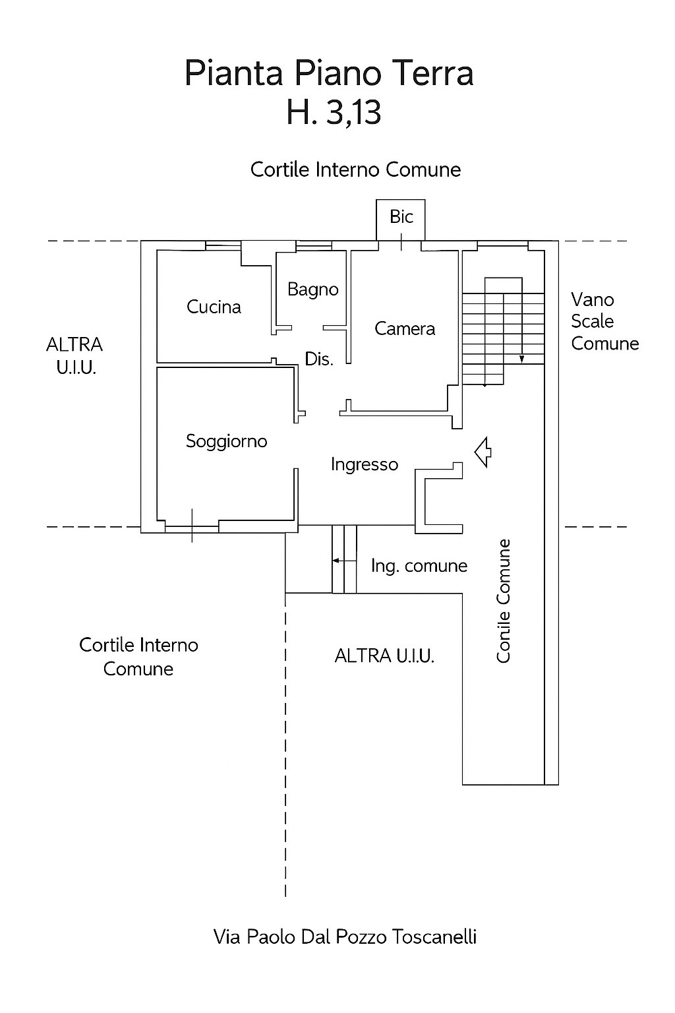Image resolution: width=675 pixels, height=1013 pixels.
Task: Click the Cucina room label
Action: (214, 307)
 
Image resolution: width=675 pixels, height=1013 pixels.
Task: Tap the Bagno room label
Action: (313, 290)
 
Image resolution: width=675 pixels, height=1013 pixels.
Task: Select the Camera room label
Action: (405, 328)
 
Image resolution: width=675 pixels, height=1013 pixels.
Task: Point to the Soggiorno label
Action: (226, 441)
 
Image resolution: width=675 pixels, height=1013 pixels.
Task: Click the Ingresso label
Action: (365, 464)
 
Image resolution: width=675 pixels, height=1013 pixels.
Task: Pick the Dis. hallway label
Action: (319, 359)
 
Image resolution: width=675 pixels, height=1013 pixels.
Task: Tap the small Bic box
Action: (401, 218)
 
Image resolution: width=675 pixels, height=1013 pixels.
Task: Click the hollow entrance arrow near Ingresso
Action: (483, 452)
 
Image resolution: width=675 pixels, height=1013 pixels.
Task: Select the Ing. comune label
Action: (419, 566)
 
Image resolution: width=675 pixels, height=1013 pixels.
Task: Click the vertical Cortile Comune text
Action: (504, 601)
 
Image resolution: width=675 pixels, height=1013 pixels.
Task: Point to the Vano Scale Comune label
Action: (604, 321)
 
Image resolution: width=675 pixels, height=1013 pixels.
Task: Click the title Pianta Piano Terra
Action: (329, 73)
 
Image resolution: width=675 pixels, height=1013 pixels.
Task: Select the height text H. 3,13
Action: (334, 113)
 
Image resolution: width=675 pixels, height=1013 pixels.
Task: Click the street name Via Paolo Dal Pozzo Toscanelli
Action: (345, 936)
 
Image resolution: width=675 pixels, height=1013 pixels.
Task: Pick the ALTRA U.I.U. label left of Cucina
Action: (74, 356)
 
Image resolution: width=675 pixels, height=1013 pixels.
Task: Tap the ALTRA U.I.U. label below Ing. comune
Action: (384, 656)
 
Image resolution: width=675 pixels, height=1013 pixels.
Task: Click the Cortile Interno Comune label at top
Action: (355, 169)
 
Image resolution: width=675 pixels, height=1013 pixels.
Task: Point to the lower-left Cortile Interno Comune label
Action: (138, 657)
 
